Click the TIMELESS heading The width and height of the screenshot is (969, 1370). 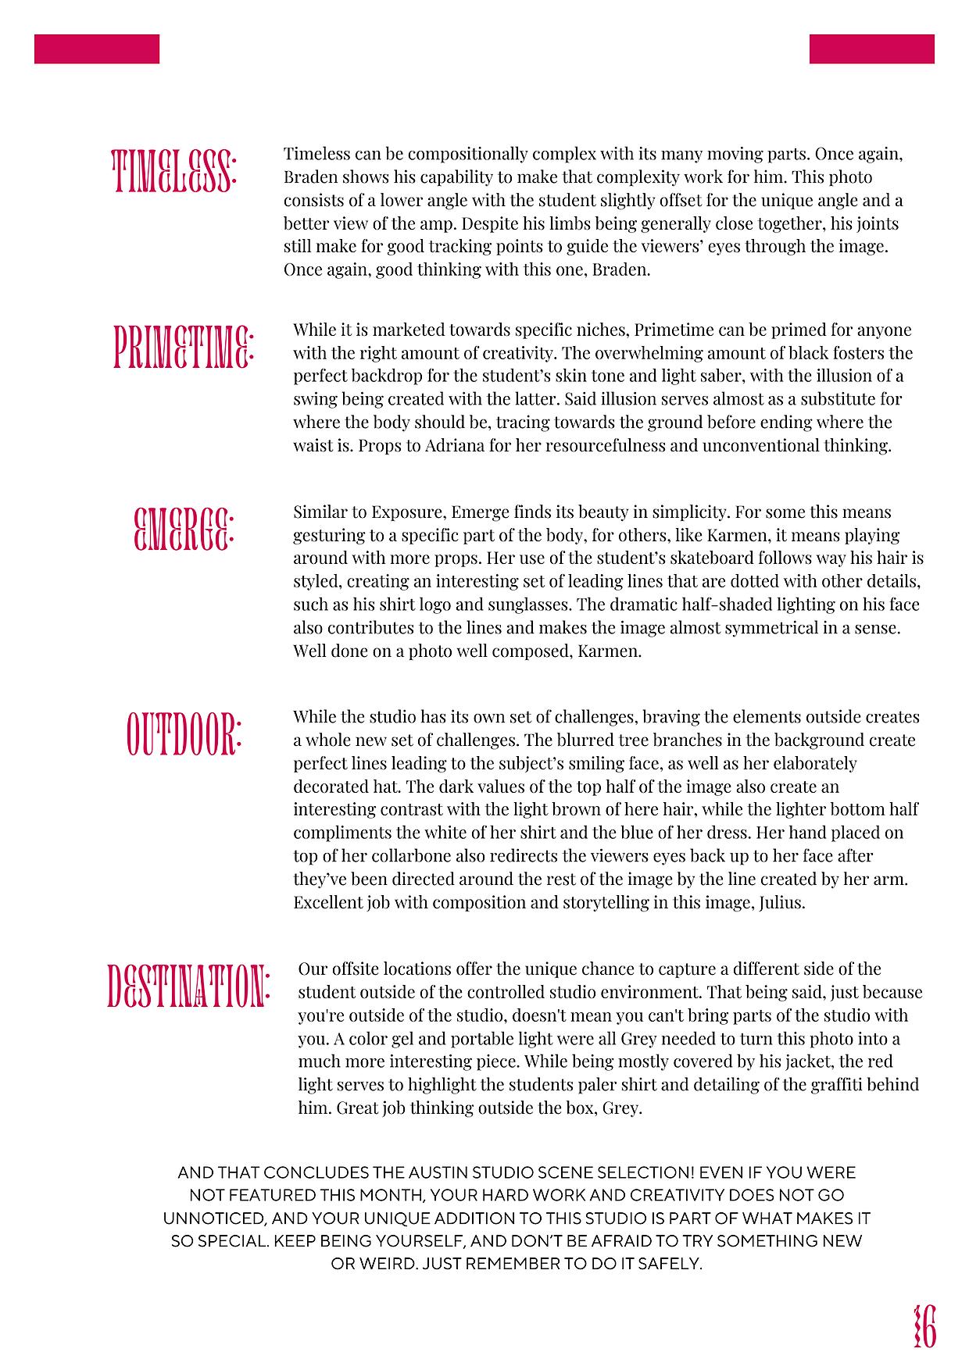[x=174, y=171]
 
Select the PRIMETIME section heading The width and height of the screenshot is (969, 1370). [x=184, y=347]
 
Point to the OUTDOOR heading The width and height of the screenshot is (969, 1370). [x=184, y=733]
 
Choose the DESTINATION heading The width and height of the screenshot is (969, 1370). [x=188, y=986]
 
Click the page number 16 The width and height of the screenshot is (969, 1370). [x=924, y=1326]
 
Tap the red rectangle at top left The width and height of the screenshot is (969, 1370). [x=97, y=48]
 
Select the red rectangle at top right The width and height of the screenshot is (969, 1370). [x=871, y=48]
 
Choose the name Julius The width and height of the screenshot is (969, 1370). [x=781, y=903]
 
